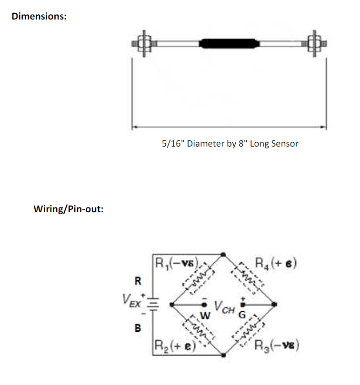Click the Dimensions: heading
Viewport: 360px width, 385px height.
(x=39, y=17)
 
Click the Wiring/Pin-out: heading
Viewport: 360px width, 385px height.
(x=69, y=209)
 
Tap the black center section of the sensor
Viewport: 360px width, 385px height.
(x=229, y=44)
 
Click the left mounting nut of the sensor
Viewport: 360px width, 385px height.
(x=144, y=44)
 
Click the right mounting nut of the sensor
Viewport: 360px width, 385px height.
(x=314, y=44)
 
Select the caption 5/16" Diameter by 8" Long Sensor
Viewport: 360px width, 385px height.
(x=230, y=144)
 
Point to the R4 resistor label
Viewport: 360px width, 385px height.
(x=276, y=263)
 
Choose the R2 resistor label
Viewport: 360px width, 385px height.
(x=175, y=346)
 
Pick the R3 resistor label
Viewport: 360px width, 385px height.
(x=277, y=346)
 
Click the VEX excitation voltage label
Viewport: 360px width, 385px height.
(x=132, y=301)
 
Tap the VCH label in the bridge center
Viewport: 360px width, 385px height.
(x=224, y=307)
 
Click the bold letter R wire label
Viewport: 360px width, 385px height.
(x=138, y=281)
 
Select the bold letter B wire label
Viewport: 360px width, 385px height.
(x=138, y=328)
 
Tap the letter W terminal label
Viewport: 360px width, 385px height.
(x=205, y=316)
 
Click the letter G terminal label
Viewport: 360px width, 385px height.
(x=242, y=315)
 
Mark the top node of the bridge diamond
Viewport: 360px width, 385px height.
(x=223, y=255)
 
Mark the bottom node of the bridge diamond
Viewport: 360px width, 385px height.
(x=224, y=355)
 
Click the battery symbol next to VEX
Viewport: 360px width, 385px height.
(x=153, y=305)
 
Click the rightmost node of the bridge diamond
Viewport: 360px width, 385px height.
(x=274, y=305)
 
